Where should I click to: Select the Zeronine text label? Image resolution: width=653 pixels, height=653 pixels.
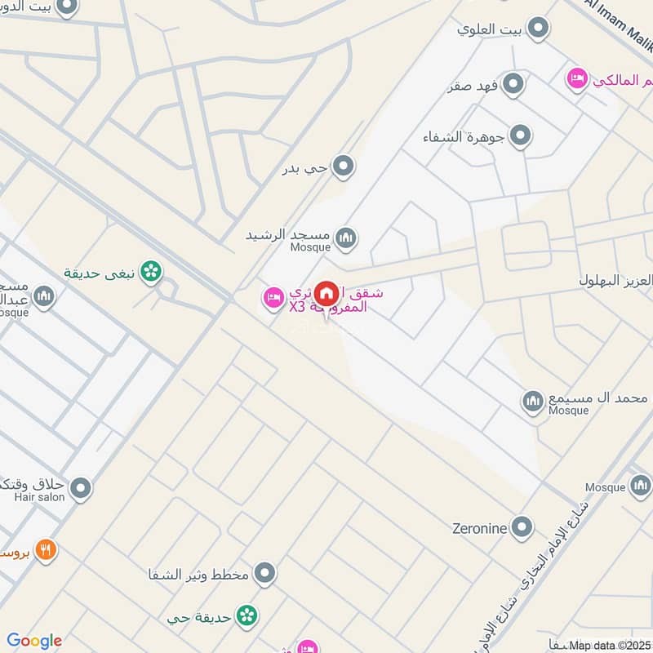point(480,528)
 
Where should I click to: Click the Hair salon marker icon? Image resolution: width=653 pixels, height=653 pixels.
point(80,489)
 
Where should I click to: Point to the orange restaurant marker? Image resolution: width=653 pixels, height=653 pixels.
point(46,550)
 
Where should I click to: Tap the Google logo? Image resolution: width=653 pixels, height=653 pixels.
point(33,641)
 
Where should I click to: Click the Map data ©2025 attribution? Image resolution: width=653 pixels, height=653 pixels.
point(610,646)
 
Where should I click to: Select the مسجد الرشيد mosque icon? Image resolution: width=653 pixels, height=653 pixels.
point(346,238)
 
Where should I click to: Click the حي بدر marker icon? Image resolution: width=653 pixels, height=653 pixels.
point(344,167)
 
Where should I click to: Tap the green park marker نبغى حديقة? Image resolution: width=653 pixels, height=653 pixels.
point(150,272)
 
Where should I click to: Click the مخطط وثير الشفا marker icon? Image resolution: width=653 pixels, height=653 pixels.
point(264,574)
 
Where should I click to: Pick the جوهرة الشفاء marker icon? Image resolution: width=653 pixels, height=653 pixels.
point(519,135)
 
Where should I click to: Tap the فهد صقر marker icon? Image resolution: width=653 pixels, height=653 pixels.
point(513,84)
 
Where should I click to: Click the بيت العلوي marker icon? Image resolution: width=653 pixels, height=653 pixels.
point(537,30)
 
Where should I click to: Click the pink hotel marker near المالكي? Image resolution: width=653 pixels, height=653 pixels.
point(576,79)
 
